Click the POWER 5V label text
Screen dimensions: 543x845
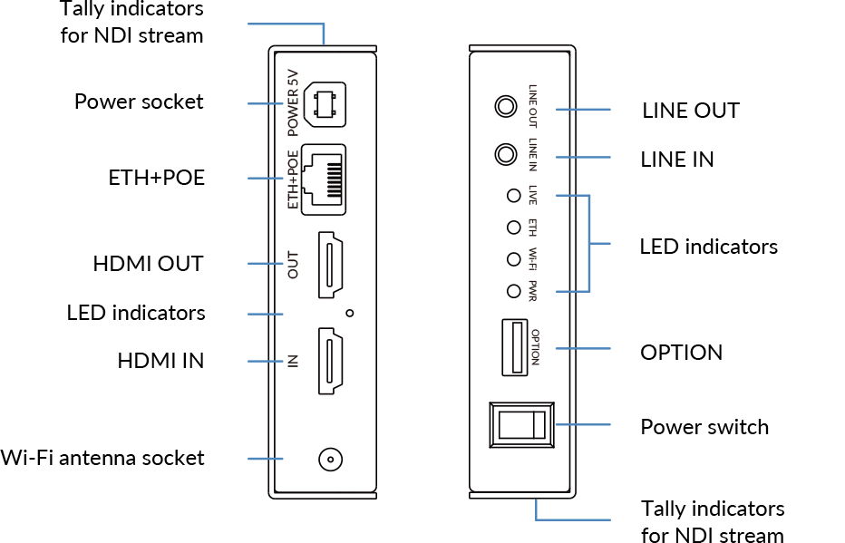coord(293,104)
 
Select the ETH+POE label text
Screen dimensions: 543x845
coord(293,179)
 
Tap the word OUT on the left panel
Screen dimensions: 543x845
coord(293,264)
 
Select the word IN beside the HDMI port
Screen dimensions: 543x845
coord(293,361)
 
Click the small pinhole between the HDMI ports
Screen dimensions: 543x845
coord(350,314)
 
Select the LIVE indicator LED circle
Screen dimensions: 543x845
coord(513,195)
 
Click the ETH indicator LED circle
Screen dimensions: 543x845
coord(513,227)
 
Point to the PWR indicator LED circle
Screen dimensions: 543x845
coord(513,291)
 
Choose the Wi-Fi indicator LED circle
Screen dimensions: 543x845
coord(513,259)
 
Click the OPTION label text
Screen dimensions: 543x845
coord(534,347)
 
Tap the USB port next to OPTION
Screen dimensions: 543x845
coord(511,347)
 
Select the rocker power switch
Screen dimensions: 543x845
coord(521,424)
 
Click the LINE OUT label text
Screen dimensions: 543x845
coord(533,106)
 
